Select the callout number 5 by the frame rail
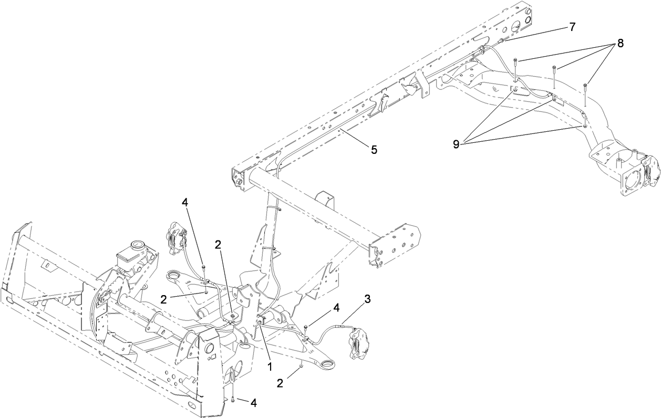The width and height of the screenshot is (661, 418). pos(374,150)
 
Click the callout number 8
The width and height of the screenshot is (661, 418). pos(620,44)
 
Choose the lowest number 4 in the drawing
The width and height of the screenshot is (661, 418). pos(253,403)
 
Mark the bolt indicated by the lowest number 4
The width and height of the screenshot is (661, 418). pos(232,399)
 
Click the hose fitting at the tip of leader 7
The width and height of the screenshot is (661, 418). pos(503,40)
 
